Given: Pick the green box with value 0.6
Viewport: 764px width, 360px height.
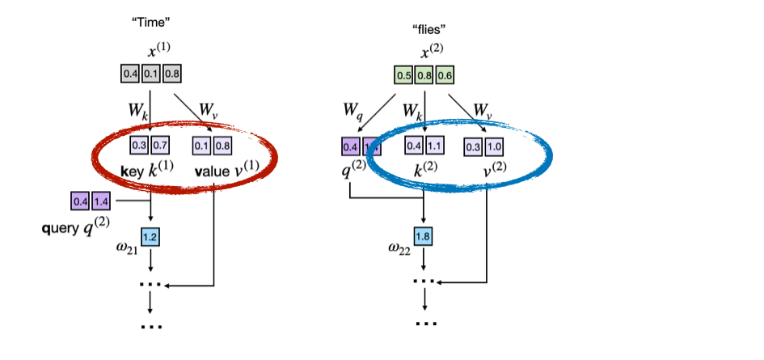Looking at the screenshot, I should (444, 78).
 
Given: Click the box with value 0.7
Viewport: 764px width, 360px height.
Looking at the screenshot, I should (161, 146).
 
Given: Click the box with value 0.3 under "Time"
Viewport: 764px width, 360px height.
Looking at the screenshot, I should (141, 146).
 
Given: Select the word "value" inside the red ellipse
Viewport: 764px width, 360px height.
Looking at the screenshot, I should (212, 172).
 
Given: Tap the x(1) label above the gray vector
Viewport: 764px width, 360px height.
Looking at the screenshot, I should (157, 51).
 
